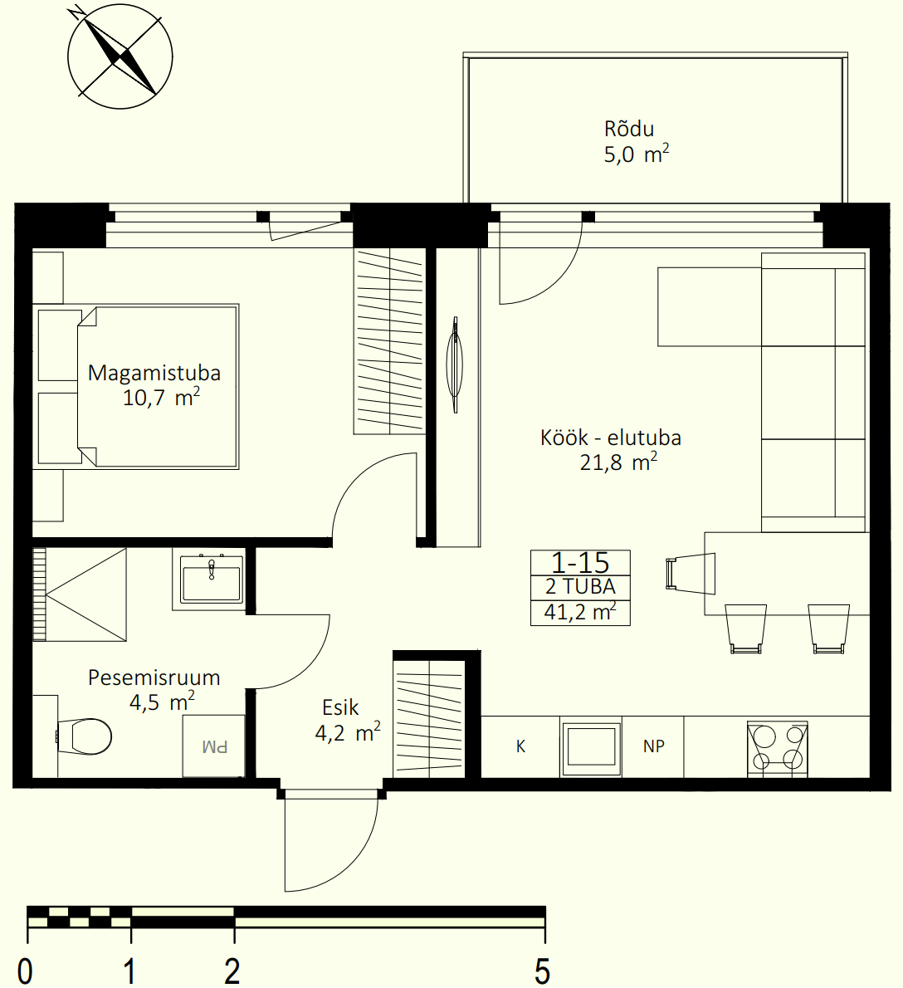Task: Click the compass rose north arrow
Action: [x=120, y=56]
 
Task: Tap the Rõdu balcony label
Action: [x=629, y=130]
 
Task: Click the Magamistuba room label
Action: [x=154, y=373]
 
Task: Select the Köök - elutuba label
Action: [x=611, y=438]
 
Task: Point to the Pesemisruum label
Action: [x=154, y=678]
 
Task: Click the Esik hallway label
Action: [x=340, y=707]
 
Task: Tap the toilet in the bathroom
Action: [x=84, y=736]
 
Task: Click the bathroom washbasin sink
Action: [x=211, y=580]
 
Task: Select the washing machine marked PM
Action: [x=213, y=746]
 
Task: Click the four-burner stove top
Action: [x=778, y=749]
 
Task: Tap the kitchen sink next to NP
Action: [x=591, y=748]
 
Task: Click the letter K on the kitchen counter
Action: [x=520, y=746]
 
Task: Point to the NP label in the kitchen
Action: [x=654, y=746]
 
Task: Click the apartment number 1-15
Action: [x=580, y=563]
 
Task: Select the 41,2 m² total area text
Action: [x=580, y=611]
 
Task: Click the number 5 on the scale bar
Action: [x=542, y=971]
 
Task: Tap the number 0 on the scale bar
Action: [x=25, y=971]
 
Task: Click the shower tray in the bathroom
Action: [x=80, y=594]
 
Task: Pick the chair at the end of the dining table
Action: [x=691, y=574]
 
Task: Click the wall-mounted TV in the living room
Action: [x=455, y=364]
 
